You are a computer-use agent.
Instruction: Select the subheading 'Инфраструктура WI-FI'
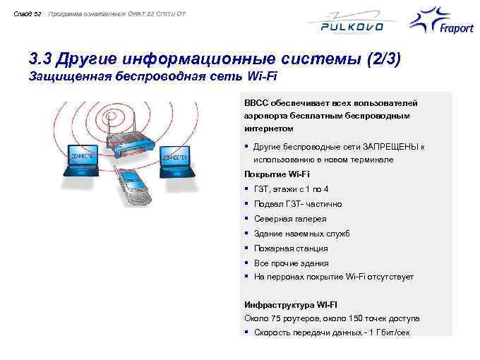[x=290, y=304]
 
